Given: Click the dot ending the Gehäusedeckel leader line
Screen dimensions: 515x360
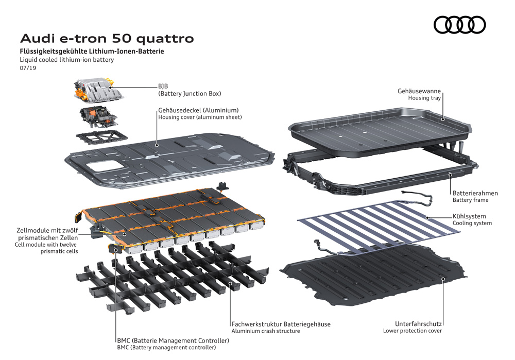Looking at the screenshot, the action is (157, 145).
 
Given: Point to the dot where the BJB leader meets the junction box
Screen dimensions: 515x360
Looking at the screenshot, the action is (109, 88).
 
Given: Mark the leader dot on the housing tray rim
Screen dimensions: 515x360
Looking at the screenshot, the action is (443, 119).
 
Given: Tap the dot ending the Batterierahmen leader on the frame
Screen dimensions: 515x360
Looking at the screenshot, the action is (450, 175).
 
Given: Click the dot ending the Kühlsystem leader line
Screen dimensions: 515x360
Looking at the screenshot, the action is (427, 217).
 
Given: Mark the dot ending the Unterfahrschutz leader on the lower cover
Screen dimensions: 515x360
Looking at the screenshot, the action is (443, 279).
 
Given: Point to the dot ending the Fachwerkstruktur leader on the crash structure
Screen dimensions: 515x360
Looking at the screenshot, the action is (230, 283).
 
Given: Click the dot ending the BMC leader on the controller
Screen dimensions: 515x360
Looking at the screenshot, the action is (115, 250).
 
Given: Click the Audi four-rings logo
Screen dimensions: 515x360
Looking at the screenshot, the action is (460, 25).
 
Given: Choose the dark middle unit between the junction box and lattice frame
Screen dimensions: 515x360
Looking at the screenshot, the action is (98, 116).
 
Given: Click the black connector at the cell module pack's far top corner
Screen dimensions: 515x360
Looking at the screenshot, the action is (222, 185).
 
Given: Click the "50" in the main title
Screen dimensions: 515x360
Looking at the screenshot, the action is (122, 39).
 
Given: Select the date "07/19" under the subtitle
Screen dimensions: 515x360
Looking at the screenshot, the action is (28, 68).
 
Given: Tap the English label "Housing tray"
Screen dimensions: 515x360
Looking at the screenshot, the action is (424, 98).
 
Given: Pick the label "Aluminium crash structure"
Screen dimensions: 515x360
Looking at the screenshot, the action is (266, 331).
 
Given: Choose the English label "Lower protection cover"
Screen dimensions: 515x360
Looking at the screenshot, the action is (412, 331).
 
